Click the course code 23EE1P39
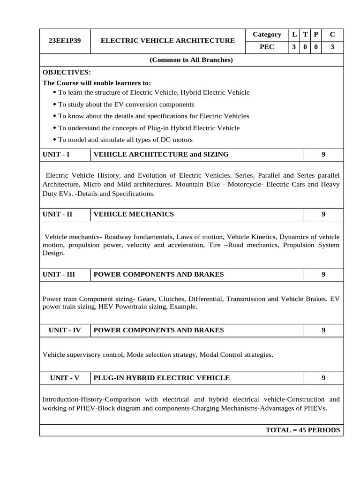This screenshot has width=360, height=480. point(65,41)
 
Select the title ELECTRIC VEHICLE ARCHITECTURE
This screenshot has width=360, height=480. point(168,41)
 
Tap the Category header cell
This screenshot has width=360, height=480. point(267,34)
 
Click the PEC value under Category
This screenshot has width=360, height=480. point(267,47)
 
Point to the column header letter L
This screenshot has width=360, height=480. point(294,34)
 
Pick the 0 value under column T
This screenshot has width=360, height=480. point(305,47)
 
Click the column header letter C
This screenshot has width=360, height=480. point(332,34)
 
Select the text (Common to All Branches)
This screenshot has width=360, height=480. point(191,60)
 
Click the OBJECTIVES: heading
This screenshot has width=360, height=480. point(67,72)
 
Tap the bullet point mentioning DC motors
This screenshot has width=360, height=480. point(125,140)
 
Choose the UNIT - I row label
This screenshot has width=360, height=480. point(56,154)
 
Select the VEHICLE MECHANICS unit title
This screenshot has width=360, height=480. point(134,214)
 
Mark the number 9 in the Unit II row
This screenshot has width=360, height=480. point(323,214)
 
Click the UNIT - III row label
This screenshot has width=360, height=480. point(59,274)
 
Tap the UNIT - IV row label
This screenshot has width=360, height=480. point(65,330)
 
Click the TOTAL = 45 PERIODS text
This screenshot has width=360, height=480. point(302,430)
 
